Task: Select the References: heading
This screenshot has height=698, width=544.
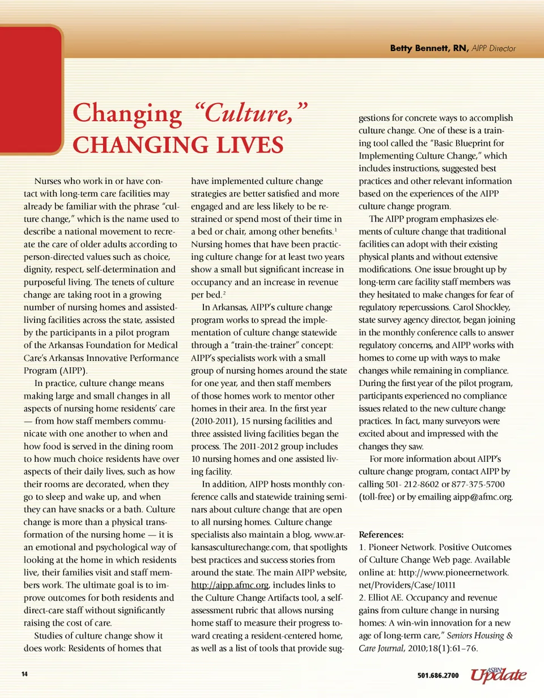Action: point(381,534)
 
